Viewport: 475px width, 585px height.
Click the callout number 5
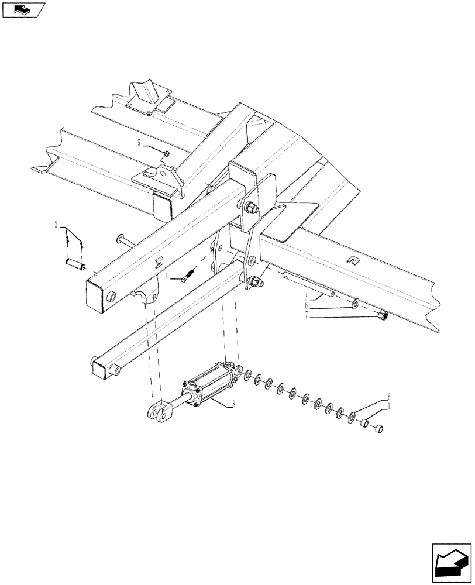[139, 143]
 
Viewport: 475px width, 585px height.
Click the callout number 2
[56, 224]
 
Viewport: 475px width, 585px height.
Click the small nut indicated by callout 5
[167, 153]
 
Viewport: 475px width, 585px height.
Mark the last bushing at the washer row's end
[377, 429]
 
